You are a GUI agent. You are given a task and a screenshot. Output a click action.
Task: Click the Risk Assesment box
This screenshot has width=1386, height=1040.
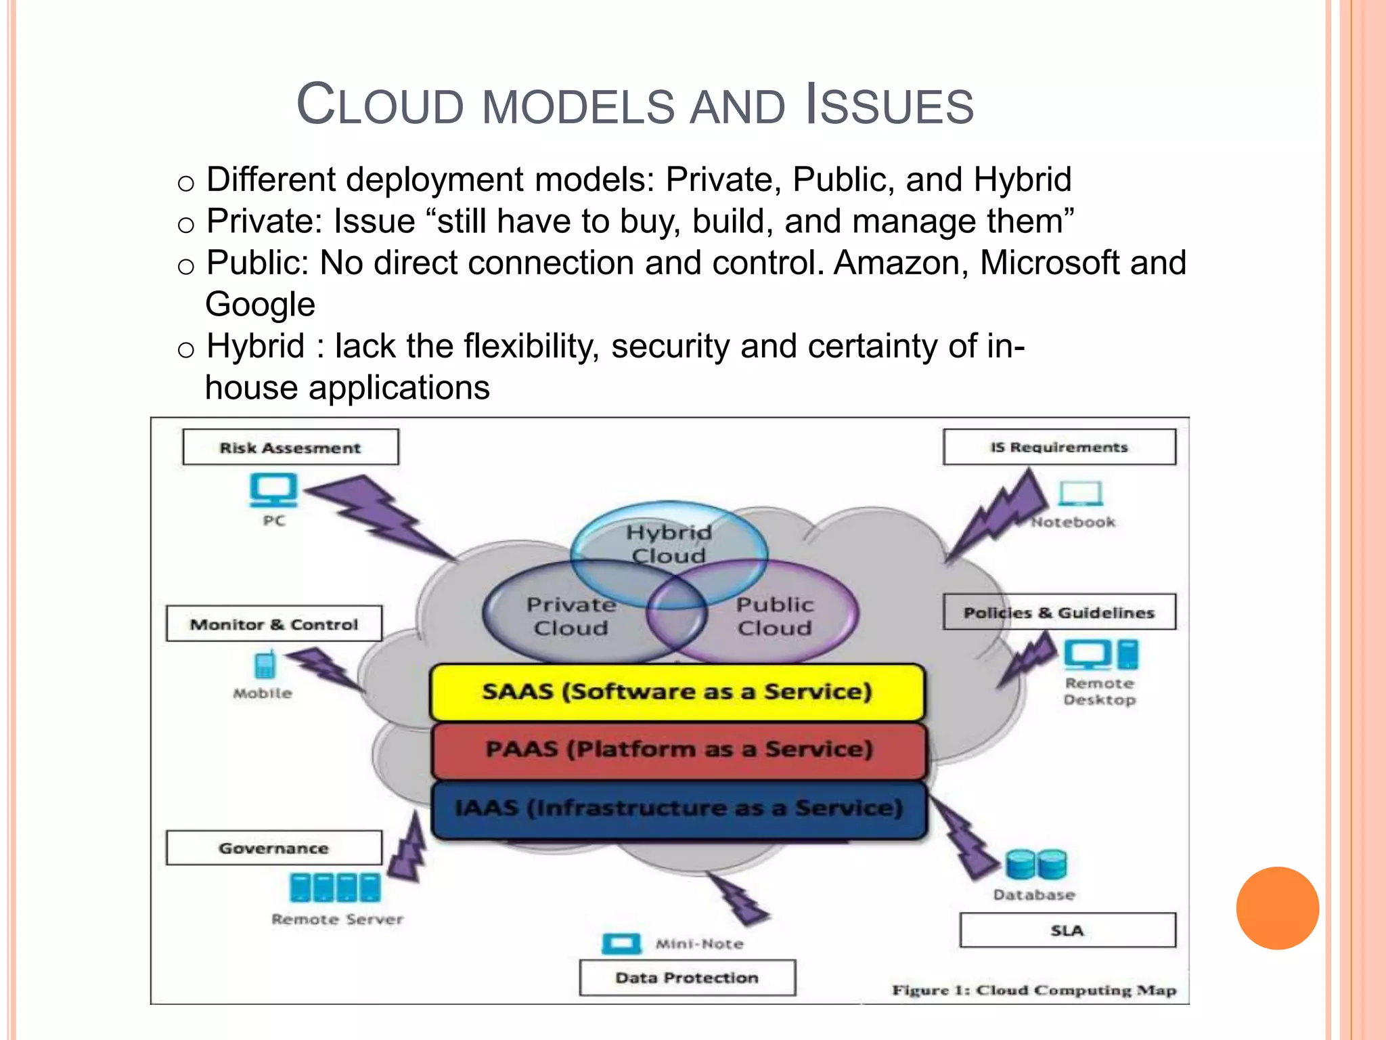[290, 447]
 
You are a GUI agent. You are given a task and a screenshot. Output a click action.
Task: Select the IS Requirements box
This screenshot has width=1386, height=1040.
[1059, 447]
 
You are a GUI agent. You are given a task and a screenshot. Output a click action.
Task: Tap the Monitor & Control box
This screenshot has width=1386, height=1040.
[274, 624]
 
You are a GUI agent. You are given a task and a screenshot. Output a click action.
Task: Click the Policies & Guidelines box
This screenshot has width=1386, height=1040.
[1059, 612]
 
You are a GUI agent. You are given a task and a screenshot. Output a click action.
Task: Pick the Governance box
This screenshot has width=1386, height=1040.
[274, 848]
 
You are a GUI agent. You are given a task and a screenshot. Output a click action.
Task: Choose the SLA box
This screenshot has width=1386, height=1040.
[1067, 930]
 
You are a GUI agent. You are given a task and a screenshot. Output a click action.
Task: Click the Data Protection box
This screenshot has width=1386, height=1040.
[687, 978]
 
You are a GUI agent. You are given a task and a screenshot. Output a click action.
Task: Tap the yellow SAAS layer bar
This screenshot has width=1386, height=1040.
[677, 692]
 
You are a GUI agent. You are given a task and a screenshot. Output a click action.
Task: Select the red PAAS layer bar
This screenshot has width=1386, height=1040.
[679, 750]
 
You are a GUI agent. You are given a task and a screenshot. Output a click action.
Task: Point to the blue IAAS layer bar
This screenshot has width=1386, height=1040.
[679, 808]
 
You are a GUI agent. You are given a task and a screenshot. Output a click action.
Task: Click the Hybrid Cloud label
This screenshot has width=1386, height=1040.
[669, 544]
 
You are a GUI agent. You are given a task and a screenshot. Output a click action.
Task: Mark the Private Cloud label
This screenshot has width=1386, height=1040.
[571, 616]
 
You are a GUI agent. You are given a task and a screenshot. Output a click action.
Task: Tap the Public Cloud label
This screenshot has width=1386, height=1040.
[775, 616]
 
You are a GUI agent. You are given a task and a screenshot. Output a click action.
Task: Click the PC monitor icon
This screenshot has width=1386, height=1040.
[273, 490]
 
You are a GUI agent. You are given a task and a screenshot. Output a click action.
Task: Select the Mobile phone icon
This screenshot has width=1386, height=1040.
[265, 665]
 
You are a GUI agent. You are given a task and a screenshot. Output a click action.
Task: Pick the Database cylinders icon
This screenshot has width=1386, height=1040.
[1035, 865]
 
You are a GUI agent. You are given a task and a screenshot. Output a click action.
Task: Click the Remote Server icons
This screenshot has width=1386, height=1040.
[335, 888]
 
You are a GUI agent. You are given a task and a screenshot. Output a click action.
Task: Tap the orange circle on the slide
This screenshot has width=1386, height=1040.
[1277, 908]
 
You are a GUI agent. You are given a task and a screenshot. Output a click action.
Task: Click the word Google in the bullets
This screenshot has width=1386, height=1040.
[261, 305]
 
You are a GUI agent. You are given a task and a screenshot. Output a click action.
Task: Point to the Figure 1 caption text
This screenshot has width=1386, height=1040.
[1033, 990]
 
